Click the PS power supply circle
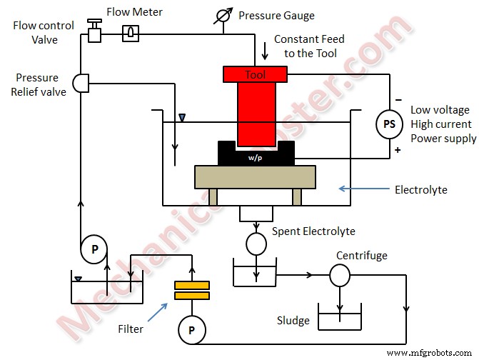pyautogui.click(x=389, y=124)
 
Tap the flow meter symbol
pyautogui.click(x=130, y=32)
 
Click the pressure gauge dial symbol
pyautogui.click(x=222, y=15)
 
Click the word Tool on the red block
pyautogui.click(x=255, y=74)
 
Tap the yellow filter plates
pyautogui.click(x=192, y=290)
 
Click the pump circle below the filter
pyautogui.click(x=192, y=329)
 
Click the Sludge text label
pyautogui.click(x=293, y=321)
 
